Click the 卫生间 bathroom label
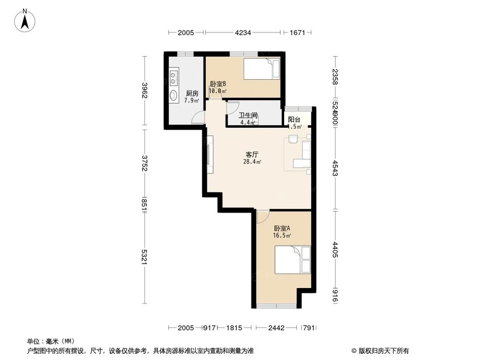[249, 116]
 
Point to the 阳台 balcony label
[294, 120]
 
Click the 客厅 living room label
[252, 155]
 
